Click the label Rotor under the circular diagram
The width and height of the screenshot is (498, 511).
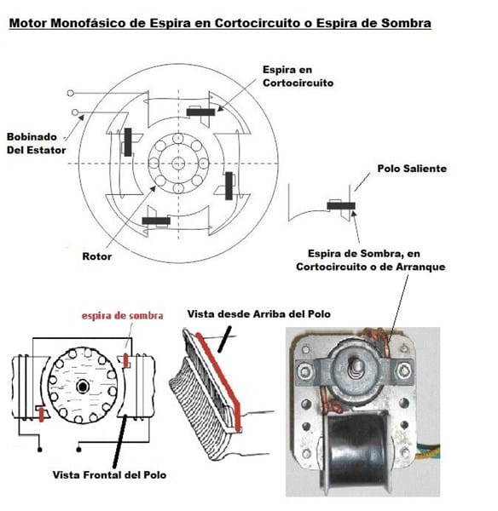click(x=96, y=256)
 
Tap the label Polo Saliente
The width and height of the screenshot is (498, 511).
click(x=412, y=169)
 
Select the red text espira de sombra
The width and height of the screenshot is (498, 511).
click(x=123, y=315)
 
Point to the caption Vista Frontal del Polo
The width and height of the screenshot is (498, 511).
click(x=109, y=475)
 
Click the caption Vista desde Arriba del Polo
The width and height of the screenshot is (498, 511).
click(x=258, y=313)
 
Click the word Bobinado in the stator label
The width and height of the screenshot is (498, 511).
click(x=32, y=137)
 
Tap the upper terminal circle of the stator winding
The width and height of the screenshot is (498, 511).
click(x=70, y=93)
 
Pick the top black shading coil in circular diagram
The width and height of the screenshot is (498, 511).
click(x=200, y=112)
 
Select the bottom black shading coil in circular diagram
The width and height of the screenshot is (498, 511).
click(x=156, y=221)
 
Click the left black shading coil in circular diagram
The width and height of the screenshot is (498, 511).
click(x=128, y=142)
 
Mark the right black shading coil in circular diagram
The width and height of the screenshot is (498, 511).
click(x=229, y=186)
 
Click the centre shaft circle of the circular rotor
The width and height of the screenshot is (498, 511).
click(x=178, y=163)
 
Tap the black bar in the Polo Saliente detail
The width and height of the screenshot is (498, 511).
click(x=341, y=206)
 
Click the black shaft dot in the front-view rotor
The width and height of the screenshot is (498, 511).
click(x=83, y=387)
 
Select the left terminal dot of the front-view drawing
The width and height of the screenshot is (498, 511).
click(x=40, y=450)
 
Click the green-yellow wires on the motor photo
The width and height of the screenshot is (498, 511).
click(x=428, y=450)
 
